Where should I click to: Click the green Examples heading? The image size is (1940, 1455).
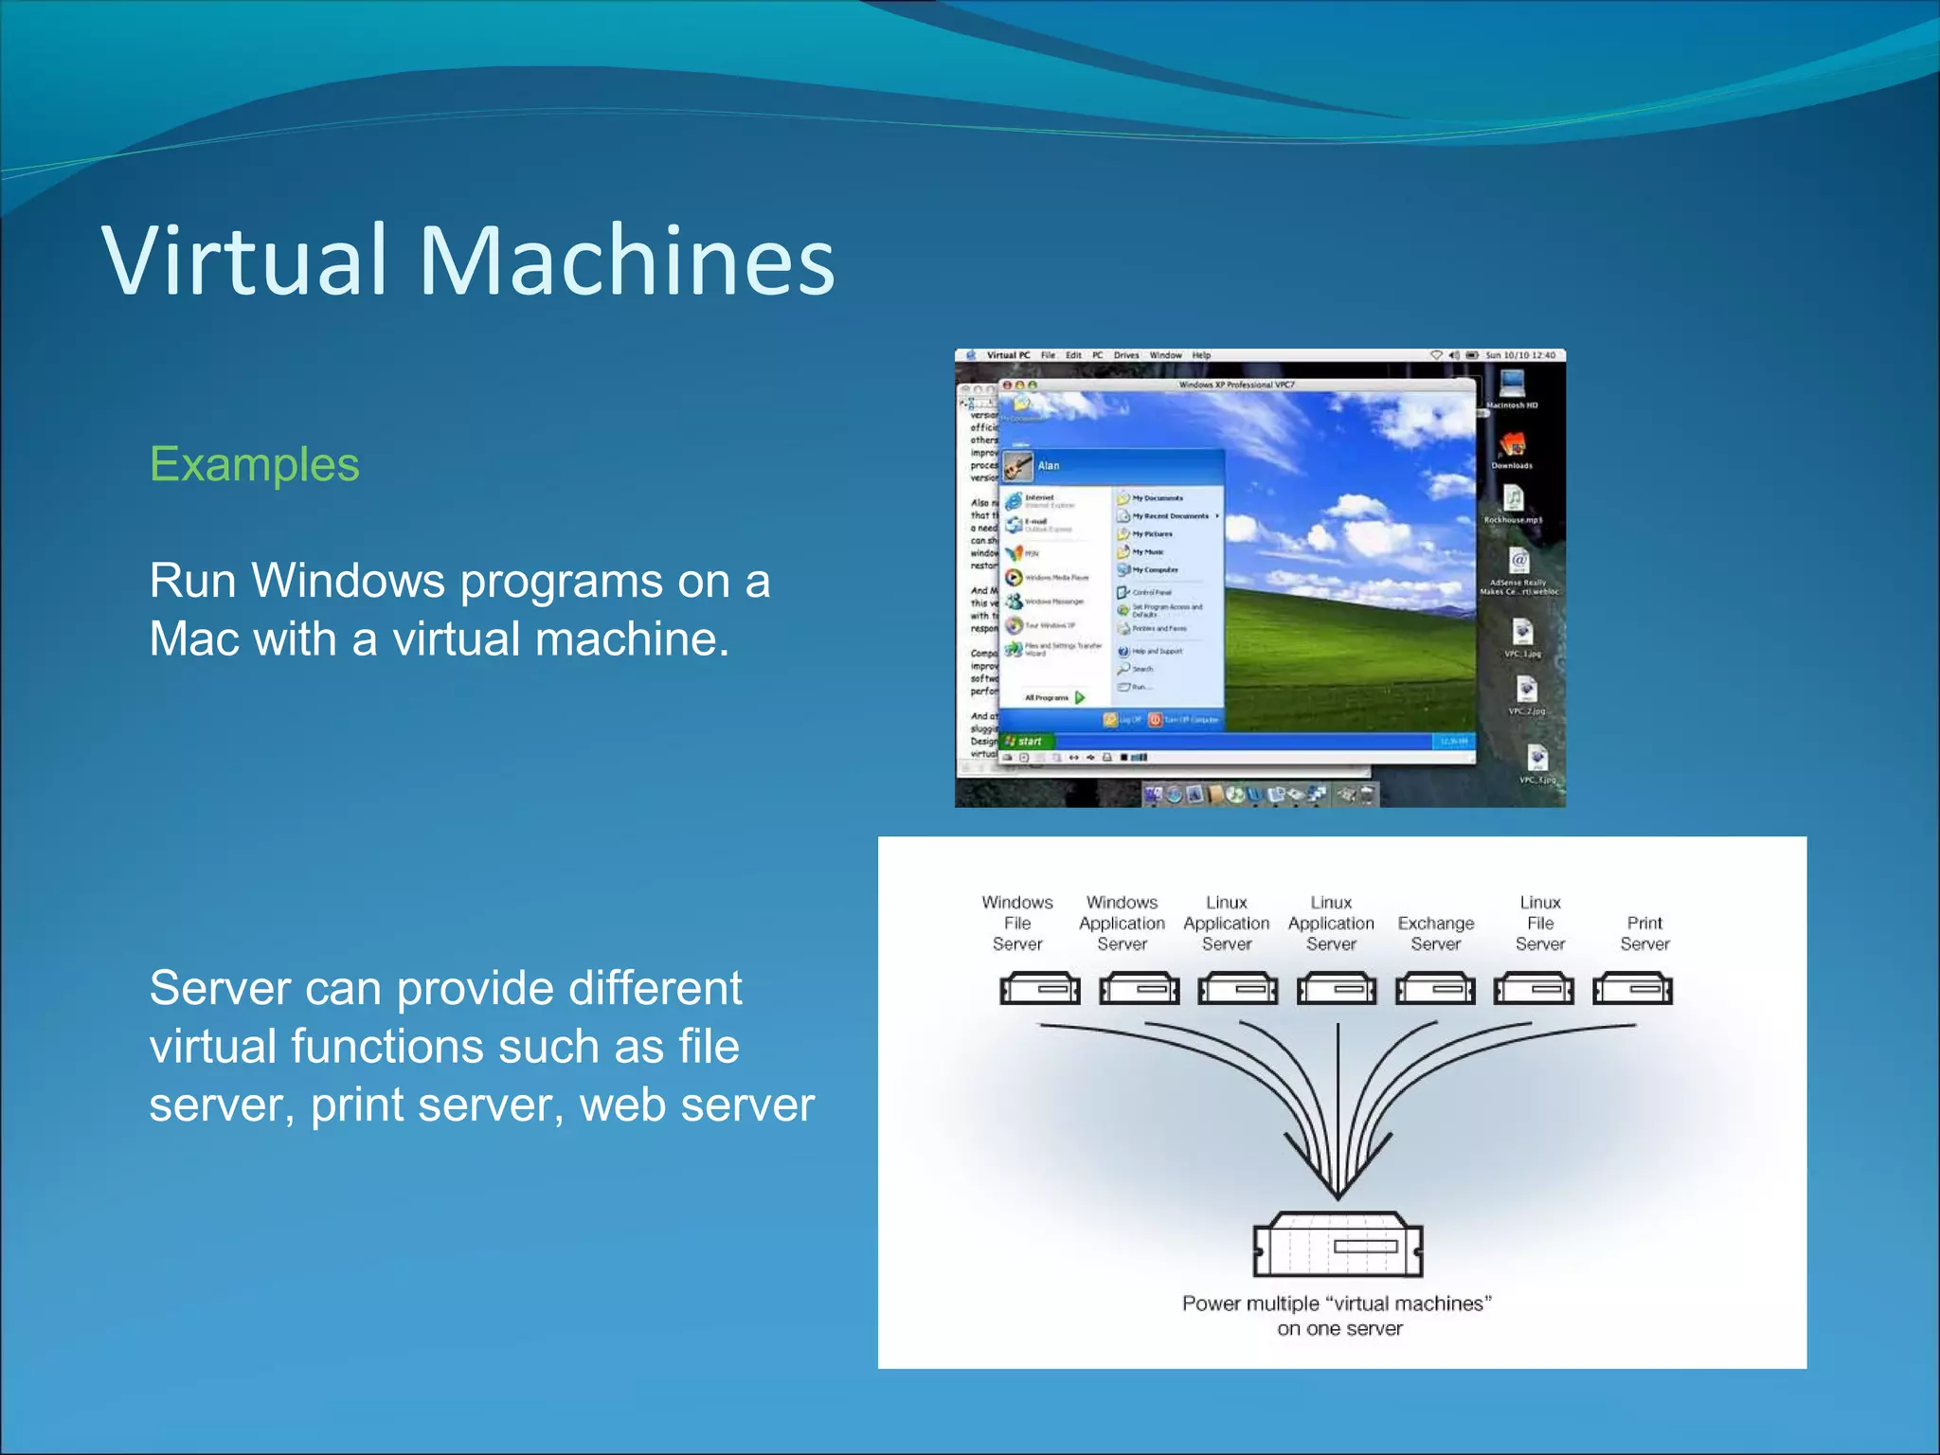(254, 464)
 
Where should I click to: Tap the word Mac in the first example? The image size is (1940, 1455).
(194, 638)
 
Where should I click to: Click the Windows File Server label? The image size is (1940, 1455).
(1016, 923)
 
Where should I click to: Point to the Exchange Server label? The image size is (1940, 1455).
(1435, 933)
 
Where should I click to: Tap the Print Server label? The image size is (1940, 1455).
(1644, 933)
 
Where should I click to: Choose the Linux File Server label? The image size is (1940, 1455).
(1539, 923)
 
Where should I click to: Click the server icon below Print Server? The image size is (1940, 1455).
(1632, 989)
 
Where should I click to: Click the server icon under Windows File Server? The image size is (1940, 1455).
(1039, 989)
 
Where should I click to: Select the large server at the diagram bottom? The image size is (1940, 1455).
(1337, 1245)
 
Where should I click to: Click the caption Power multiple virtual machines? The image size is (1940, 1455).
(1337, 1315)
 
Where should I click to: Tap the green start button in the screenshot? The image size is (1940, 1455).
(1025, 741)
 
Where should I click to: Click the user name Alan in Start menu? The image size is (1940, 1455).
(1048, 465)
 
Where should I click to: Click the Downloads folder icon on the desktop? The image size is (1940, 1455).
(1512, 445)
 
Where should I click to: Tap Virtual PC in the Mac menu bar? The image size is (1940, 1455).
(1007, 355)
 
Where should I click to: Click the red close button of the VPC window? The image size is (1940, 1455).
(1007, 386)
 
